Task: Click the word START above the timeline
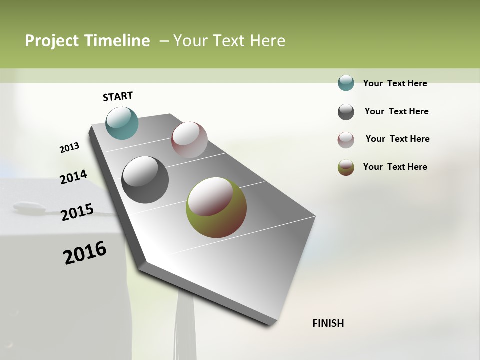coord(118,96)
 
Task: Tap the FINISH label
coord(328,323)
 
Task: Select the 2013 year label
coord(69,147)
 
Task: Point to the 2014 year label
coord(73,177)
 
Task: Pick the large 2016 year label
coord(85,252)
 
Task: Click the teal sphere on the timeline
coord(122,123)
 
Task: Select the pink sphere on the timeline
coord(189,140)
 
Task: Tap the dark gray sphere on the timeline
coord(145,180)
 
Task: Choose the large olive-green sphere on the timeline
coord(216,207)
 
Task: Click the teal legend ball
coord(346,83)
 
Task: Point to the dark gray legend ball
coord(346,112)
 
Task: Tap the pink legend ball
coord(346,140)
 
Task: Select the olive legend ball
coord(346,167)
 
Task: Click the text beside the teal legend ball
coord(395,83)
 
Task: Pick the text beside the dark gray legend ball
coord(396,111)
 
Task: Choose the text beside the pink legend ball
coord(397,139)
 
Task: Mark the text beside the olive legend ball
coord(395,167)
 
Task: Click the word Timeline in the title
coord(118,41)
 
